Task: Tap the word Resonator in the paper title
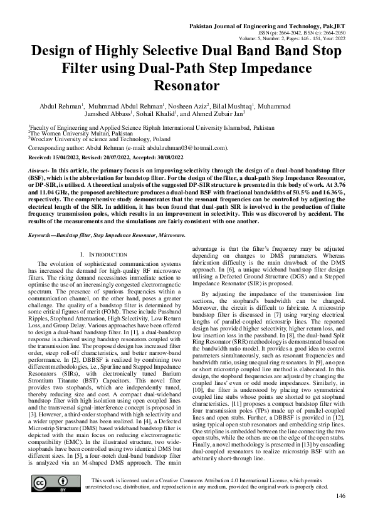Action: coord(186,85)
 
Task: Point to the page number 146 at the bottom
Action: coord(340,514)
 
